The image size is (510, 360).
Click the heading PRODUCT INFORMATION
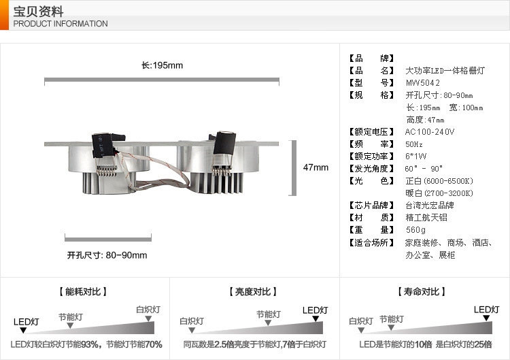61,24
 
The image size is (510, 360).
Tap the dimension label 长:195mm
162,65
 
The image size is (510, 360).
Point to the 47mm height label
316,167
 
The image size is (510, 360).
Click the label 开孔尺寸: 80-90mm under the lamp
107,255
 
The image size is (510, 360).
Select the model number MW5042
423,83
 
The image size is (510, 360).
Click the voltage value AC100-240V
430,131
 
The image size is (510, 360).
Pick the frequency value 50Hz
414,144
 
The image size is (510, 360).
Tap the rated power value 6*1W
416,157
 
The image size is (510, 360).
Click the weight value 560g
415,230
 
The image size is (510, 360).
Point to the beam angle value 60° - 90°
424,169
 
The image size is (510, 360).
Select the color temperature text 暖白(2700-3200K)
439,193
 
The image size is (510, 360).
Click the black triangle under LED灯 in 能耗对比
24,330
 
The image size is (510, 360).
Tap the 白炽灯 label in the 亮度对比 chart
192,321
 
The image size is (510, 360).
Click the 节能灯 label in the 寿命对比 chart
392,318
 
